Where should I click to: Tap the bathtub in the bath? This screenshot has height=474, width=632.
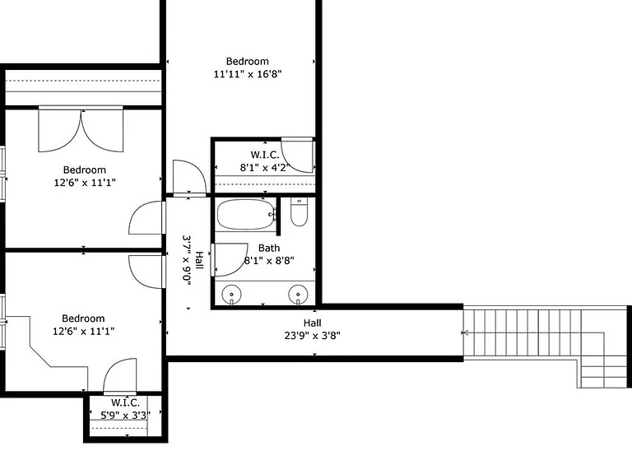click(245, 215)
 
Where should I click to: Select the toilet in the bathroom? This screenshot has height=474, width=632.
click(299, 213)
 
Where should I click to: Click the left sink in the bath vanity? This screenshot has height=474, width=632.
click(234, 294)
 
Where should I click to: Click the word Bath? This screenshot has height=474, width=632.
click(268, 248)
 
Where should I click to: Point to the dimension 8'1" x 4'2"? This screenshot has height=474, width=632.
click(264, 167)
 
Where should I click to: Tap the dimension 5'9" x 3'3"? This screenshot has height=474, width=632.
click(125, 415)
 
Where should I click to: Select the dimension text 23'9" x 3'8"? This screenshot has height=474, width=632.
click(312, 336)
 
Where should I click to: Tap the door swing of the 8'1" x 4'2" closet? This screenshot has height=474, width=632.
click(302, 156)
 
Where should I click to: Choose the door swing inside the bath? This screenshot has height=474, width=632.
click(230, 258)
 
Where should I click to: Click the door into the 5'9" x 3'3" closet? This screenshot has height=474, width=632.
click(119, 376)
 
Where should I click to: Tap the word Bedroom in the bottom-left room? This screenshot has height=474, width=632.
click(83, 318)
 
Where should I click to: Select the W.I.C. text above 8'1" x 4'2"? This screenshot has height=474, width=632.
click(264, 155)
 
